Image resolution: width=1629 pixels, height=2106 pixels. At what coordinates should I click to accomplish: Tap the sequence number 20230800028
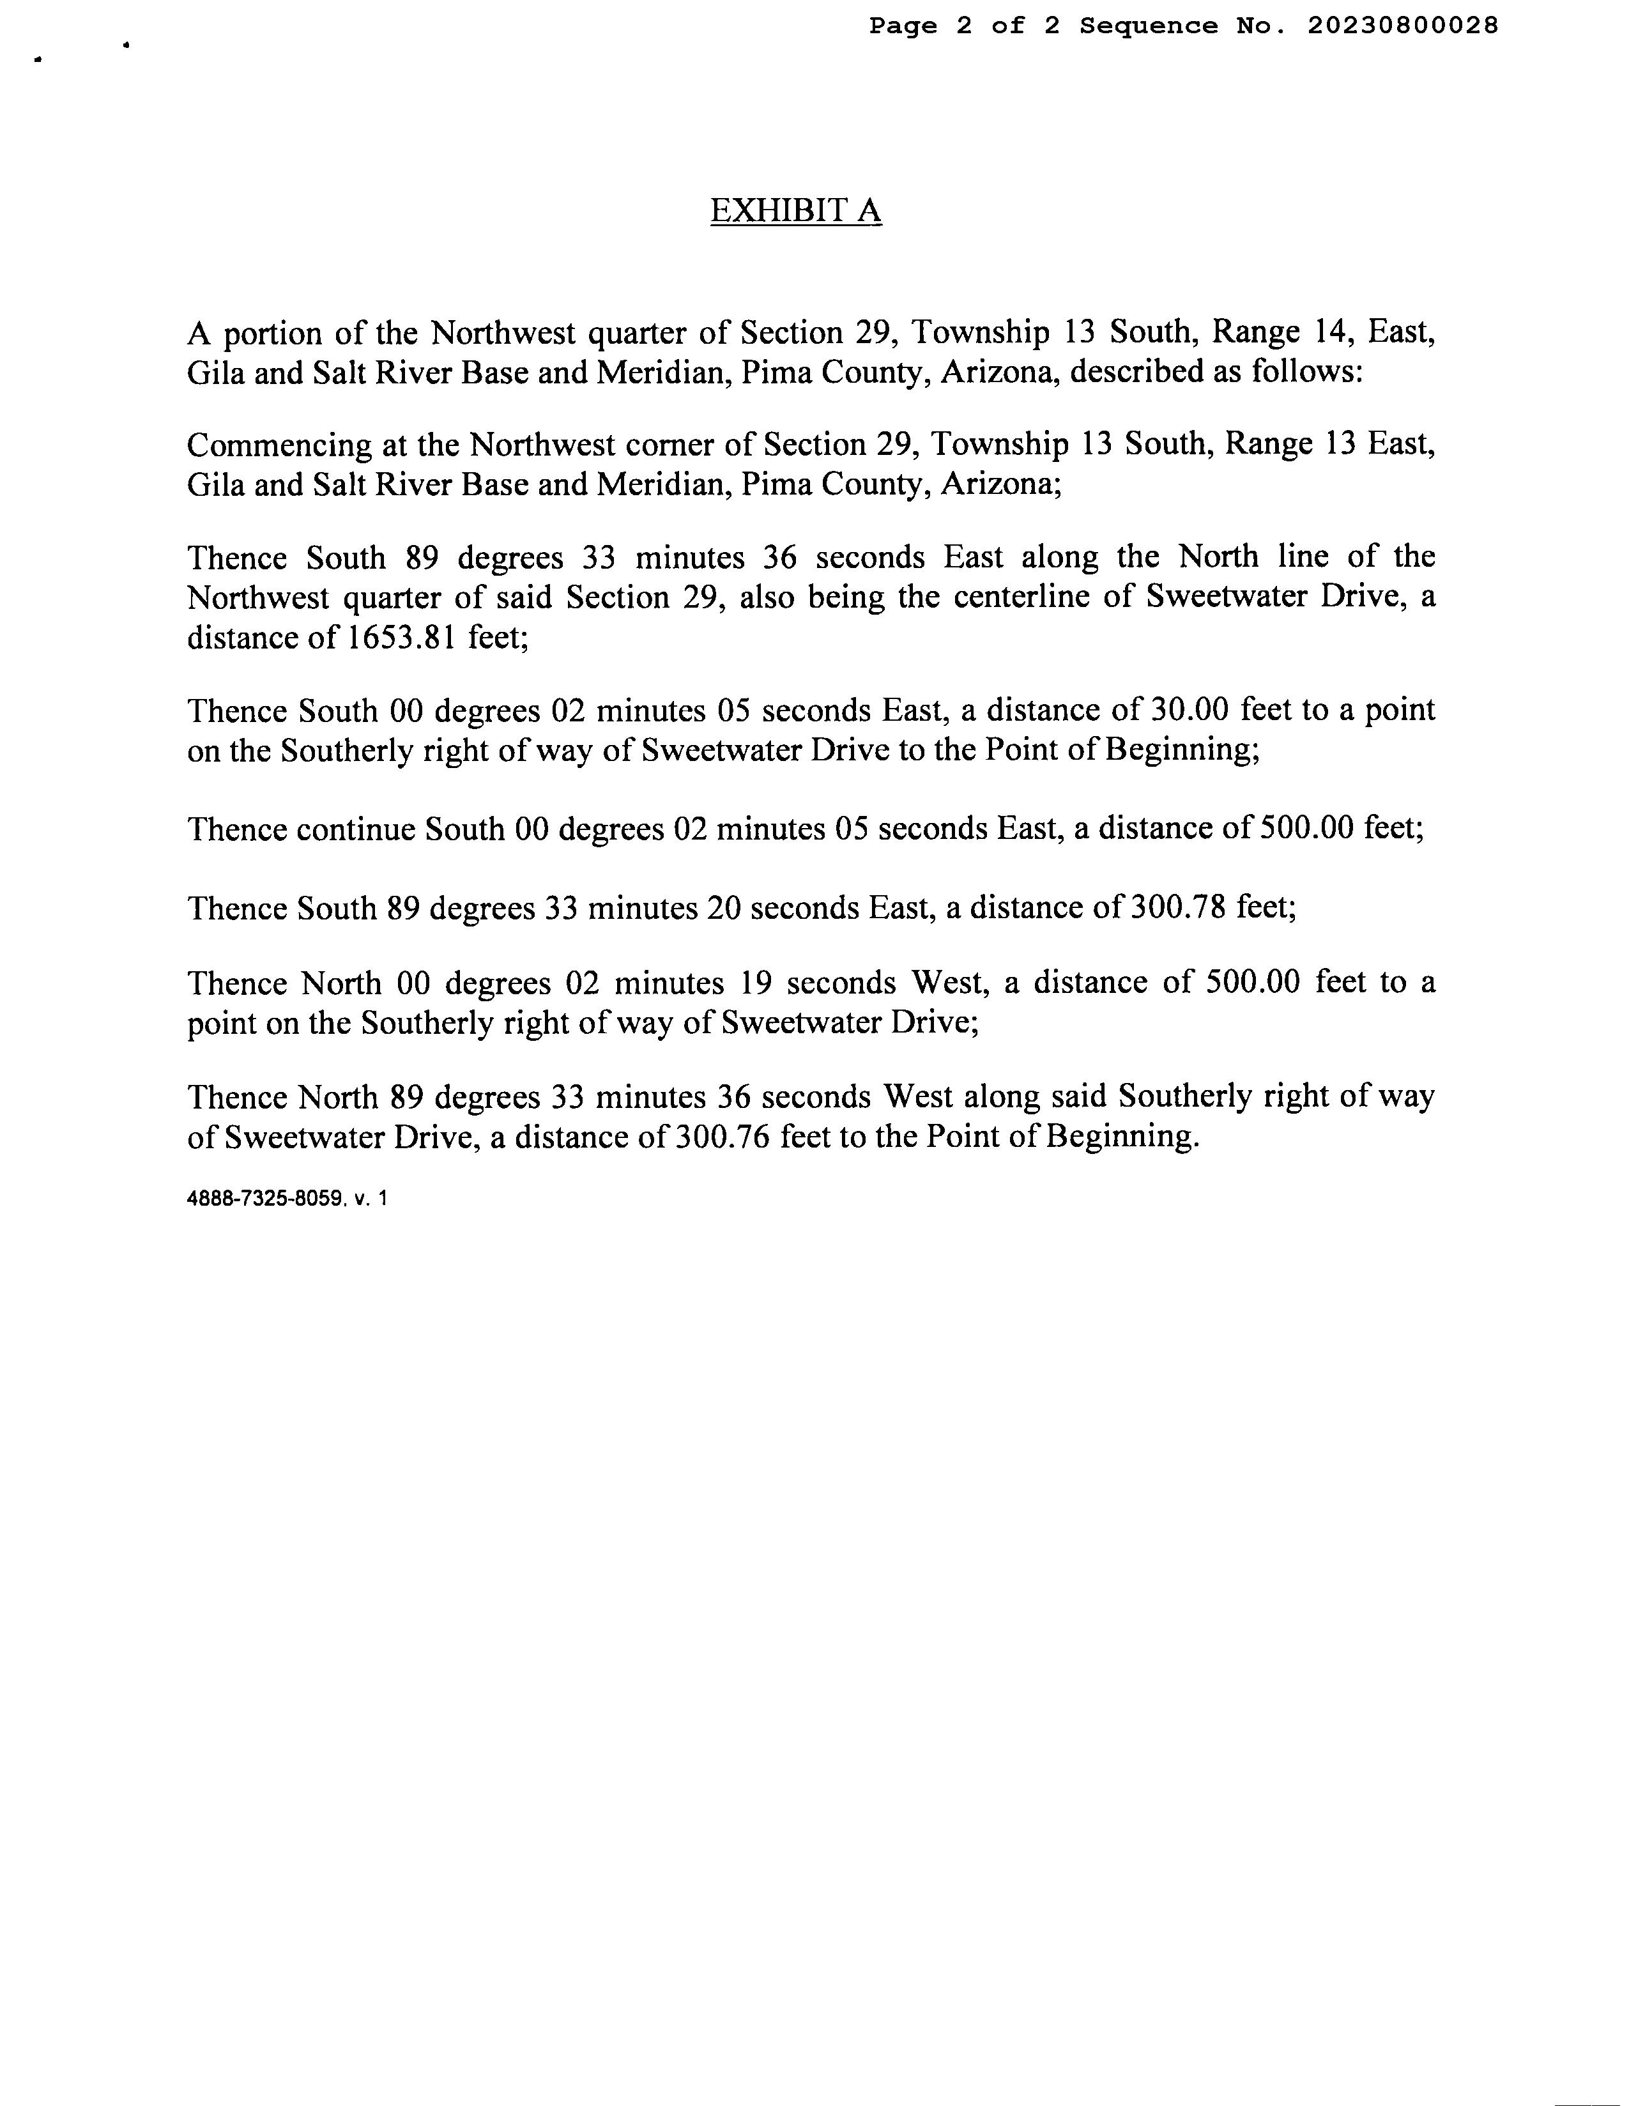pos(1402,26)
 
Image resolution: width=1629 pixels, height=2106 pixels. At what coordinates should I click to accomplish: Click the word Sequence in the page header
pos(1148,26)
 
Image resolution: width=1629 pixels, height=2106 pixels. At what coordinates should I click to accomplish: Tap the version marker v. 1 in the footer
pos(371,1199)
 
